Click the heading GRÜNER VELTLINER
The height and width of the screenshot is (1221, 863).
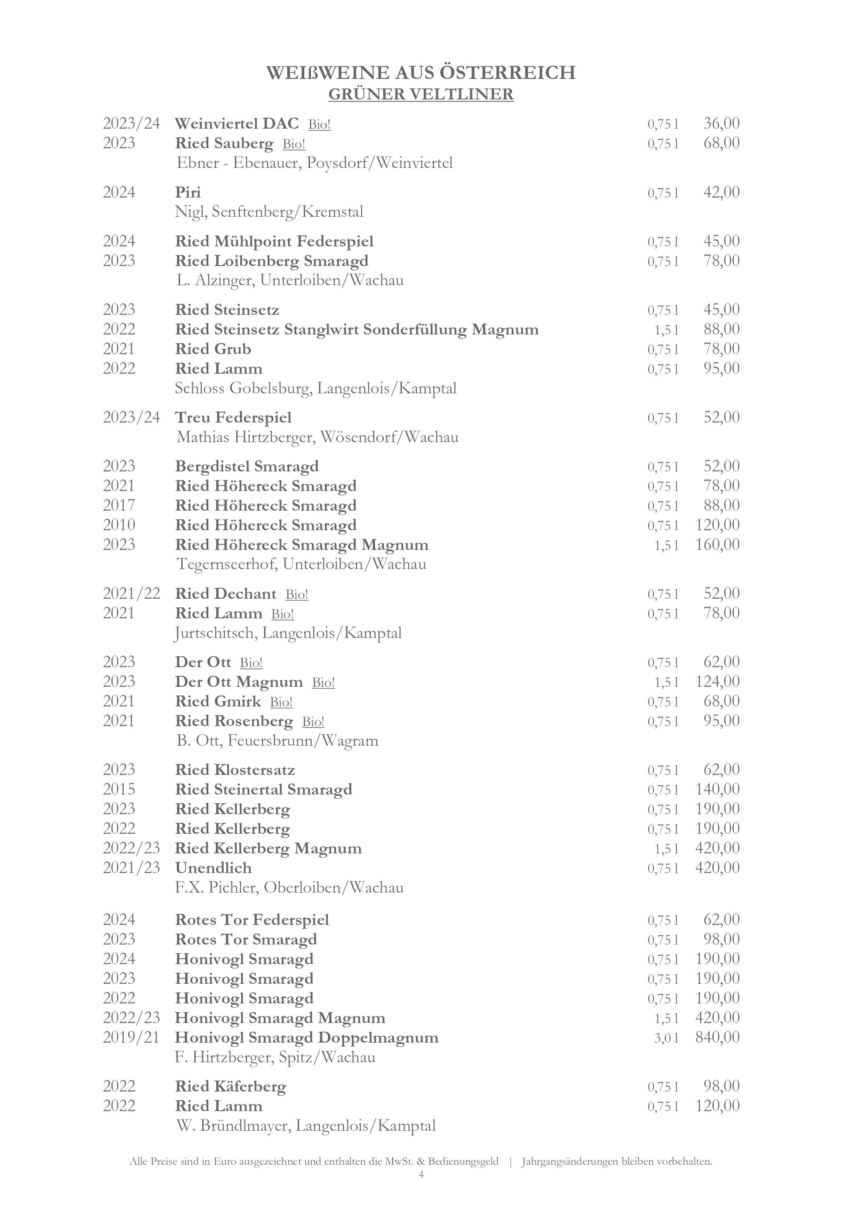(421, 94)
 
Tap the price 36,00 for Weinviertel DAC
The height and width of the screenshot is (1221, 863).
(721, 123)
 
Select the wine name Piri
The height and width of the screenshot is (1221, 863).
(187, 192)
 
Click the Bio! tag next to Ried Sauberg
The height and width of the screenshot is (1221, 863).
(294, 143)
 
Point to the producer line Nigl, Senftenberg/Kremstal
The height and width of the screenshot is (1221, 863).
(269, 211)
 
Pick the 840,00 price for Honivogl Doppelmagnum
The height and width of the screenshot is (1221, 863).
(717, 1037)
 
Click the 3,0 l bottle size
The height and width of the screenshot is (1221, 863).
(666, 1037)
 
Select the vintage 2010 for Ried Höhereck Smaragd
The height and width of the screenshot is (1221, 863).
(119, 525)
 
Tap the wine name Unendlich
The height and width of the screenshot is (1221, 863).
(213, 868)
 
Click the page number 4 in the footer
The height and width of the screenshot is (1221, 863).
(421, 1189)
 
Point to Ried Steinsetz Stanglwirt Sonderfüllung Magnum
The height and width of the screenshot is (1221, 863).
(357, 329)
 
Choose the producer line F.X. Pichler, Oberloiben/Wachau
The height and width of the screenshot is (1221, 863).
(289, 887)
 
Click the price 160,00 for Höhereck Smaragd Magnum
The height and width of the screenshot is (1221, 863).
(717, 545)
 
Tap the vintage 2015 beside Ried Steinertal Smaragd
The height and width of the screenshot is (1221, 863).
(119, 789)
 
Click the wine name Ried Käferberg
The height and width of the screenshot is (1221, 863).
(231, 1086)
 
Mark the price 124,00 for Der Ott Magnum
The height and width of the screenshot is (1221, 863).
(717, 681)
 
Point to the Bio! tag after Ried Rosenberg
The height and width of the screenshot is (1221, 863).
(313, 722)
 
